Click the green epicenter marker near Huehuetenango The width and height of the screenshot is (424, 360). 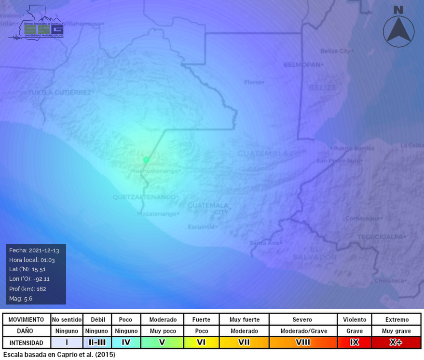tap(146, 160)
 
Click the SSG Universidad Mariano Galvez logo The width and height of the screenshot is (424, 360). tap(38, 24)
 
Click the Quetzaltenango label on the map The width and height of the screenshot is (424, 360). tap(144, 197)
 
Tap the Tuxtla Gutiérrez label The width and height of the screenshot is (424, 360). tap(60, 92)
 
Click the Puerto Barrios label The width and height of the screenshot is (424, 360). tap(354, 148)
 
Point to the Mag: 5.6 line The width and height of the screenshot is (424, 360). tap(22, 299)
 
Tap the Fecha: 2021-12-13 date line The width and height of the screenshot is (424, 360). tap(34, 250)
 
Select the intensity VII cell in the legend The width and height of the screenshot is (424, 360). tap(244, 343)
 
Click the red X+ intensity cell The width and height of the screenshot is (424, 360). tap(397, 343)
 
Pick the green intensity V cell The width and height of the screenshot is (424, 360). tap(163, 343)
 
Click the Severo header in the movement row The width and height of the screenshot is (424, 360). tap(302, 319)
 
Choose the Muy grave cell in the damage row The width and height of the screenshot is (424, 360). tap(397, 331)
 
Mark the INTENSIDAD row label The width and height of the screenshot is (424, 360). tap(26, 343)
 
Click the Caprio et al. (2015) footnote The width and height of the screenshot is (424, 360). tap(59, 355)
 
